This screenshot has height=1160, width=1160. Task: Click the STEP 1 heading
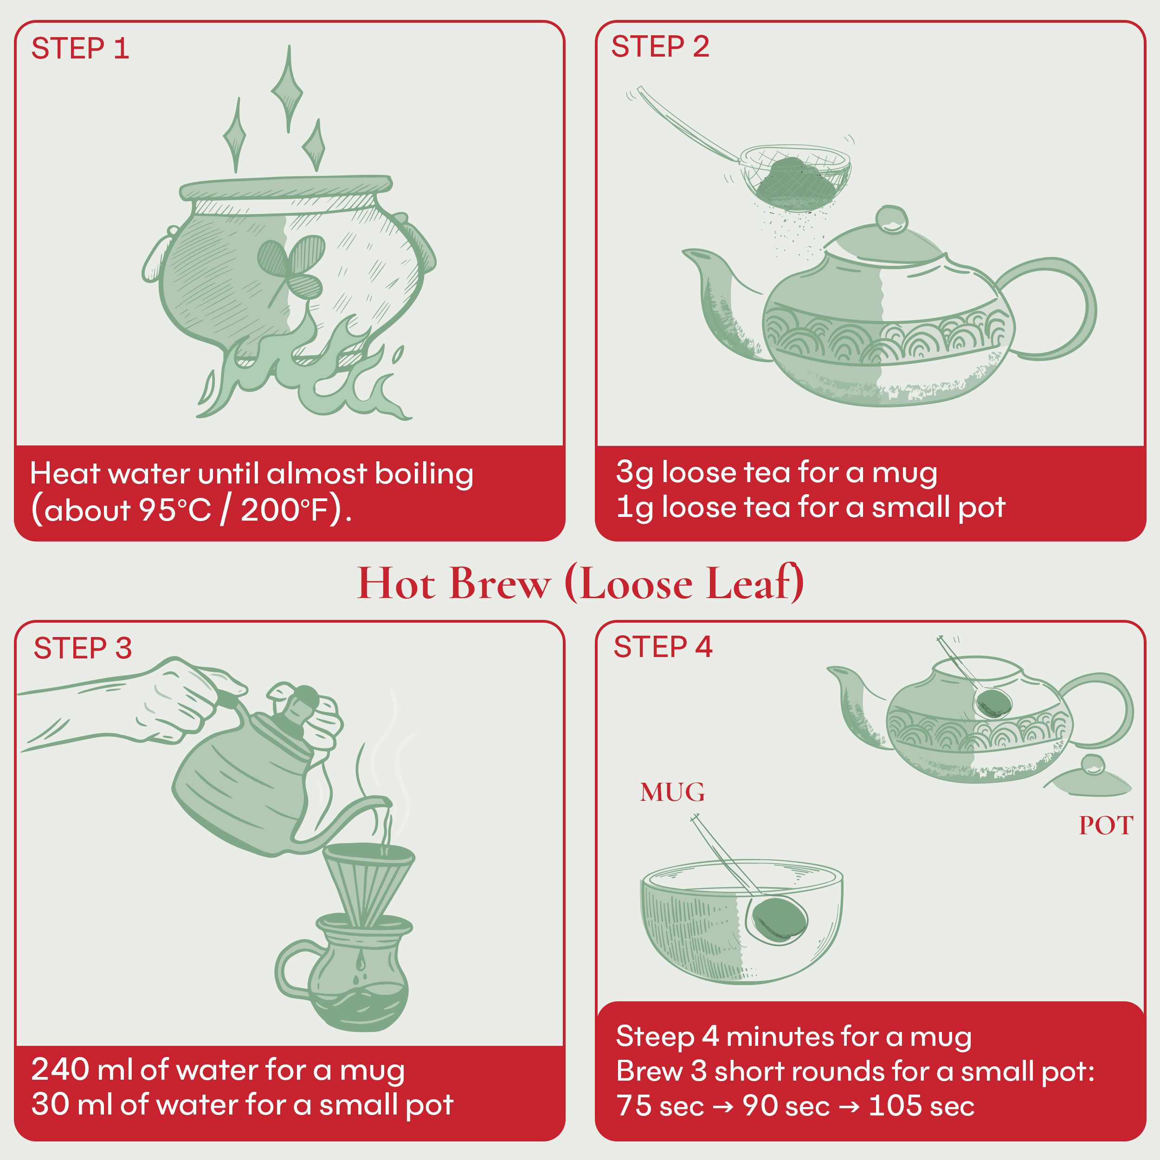click(x=80, y=49)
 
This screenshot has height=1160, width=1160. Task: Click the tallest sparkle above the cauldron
click(x=288, y=90)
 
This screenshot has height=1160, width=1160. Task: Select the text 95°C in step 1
click(x=175, y=510)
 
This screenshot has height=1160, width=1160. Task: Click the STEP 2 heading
click(x=660, y=47)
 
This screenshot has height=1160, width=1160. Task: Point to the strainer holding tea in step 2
click(x=794, y=177)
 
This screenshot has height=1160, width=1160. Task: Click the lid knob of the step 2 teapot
click(x=891, y=219)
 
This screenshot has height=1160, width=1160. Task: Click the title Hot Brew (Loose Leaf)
click(x=580, y=583)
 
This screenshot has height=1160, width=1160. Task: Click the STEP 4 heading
click(x=662, y=647)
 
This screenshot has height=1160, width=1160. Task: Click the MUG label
click(x=672, y=793)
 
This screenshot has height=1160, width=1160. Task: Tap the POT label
click(x=1105, y=825)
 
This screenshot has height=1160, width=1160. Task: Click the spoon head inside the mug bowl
click(x=779, y=919)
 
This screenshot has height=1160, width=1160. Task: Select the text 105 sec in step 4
click(x=921, y=1106)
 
